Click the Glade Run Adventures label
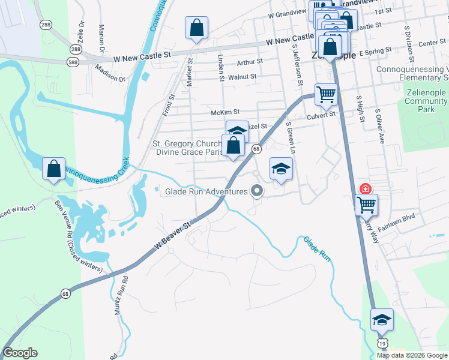(206, 192)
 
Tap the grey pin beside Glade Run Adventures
(258, 191)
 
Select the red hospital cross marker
(365, 188)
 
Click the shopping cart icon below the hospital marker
(366, 205)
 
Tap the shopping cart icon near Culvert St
(325, 94)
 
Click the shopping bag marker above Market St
(196, 28)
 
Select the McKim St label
(225, 112)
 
